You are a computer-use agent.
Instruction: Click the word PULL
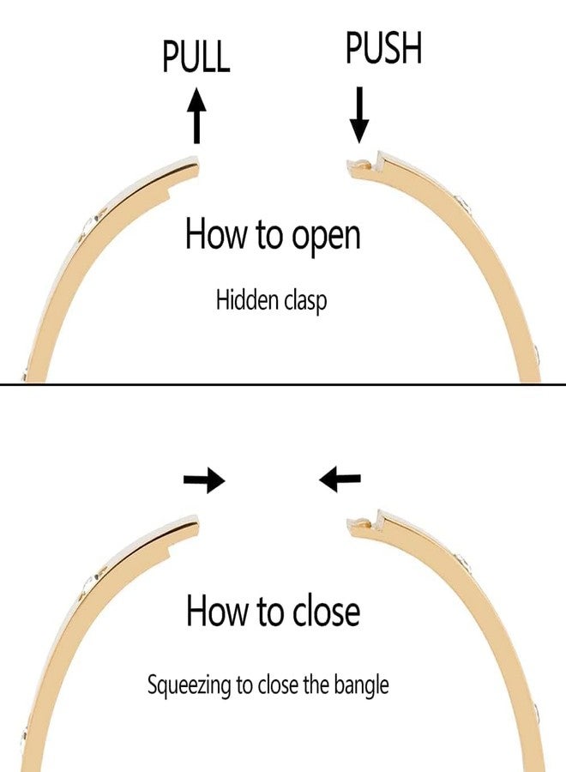pos(196,56)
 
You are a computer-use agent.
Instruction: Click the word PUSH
pos(383,49)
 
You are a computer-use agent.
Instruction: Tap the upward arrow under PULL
pos(197,118)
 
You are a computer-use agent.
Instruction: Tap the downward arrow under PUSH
pos(359,118)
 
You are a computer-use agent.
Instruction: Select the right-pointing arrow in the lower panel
pos(204,481)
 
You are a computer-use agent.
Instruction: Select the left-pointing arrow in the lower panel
pos(340,479)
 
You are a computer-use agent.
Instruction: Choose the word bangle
pos(365,686)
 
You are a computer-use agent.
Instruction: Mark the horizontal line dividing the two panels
pos(283,383)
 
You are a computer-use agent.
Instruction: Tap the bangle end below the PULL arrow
pos(190,163)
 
